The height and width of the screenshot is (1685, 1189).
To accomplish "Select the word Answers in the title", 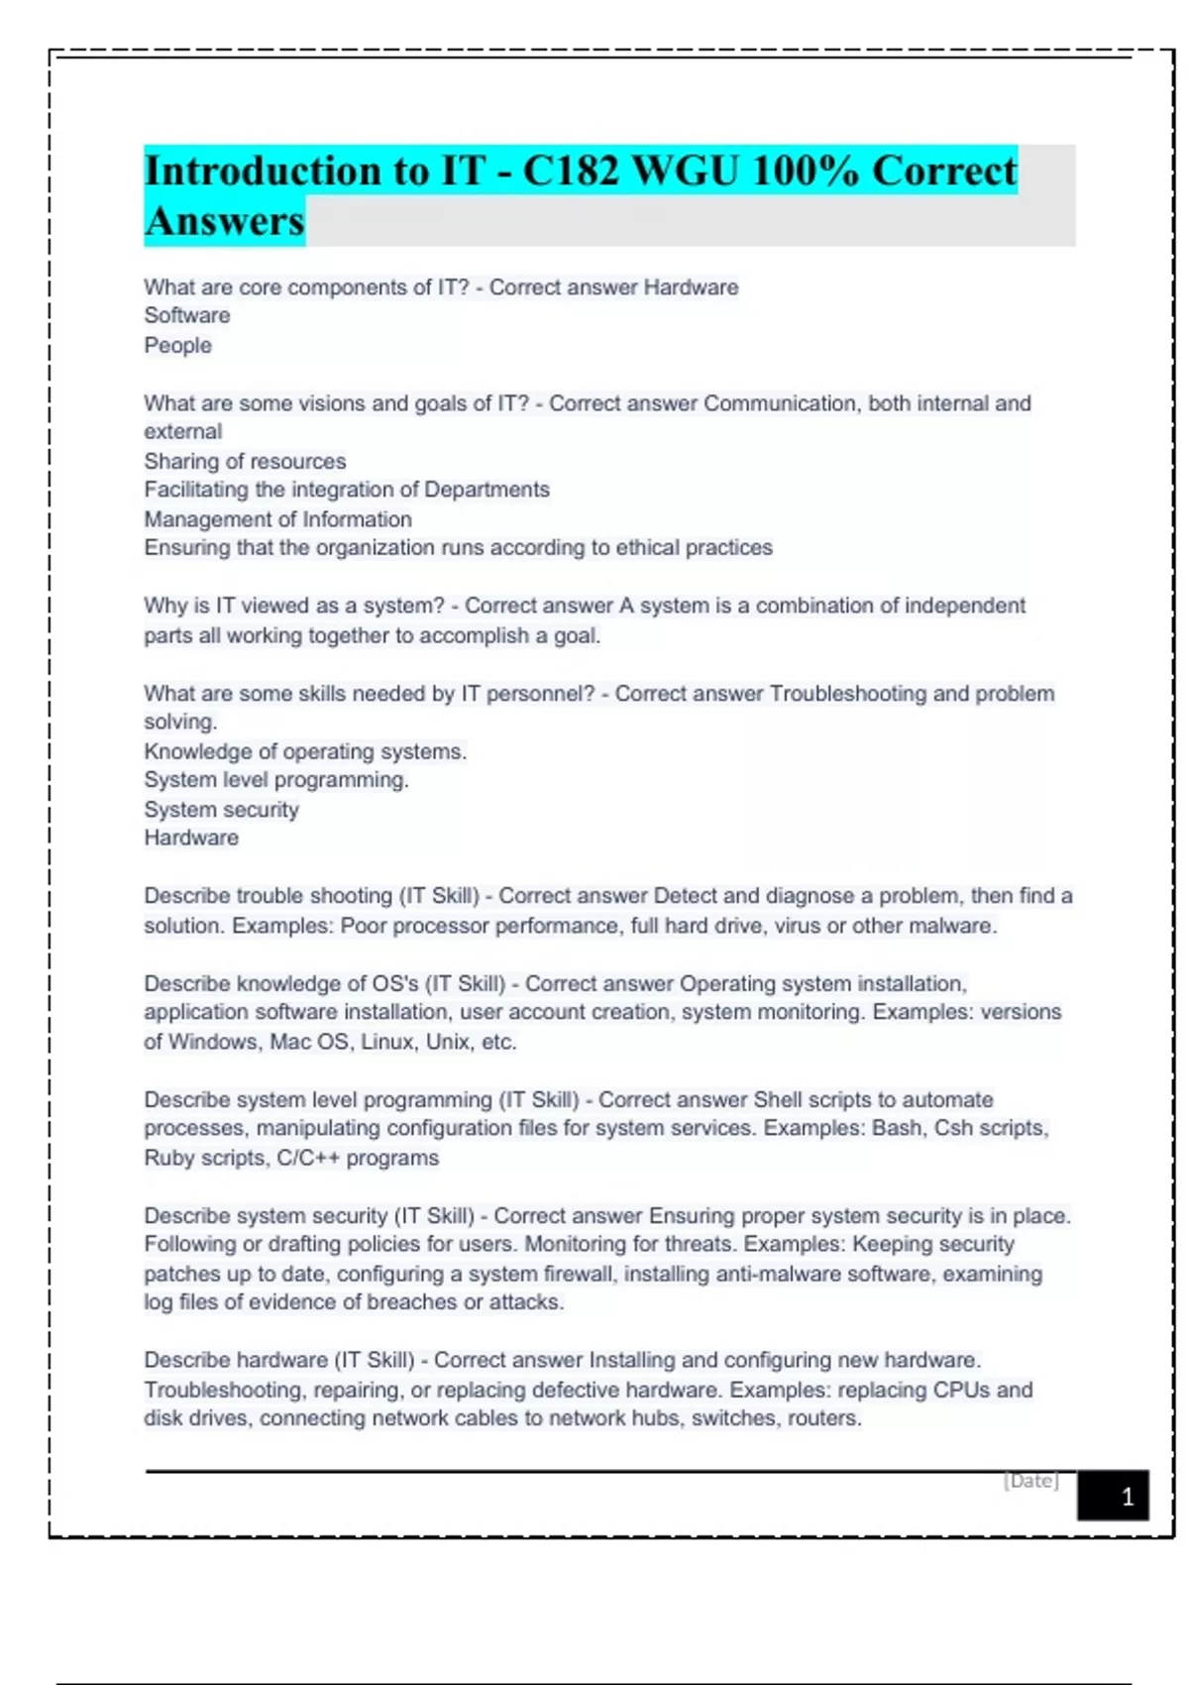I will (225, 221).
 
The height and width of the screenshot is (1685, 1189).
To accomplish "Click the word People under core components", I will (178, 345).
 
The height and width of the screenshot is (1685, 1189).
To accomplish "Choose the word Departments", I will (486, 490).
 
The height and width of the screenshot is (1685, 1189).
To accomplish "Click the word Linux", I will (387, 1042).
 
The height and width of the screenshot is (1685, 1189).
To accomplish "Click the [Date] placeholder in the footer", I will (1030, 1481).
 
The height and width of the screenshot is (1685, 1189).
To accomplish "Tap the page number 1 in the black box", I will (1127, 1497).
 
